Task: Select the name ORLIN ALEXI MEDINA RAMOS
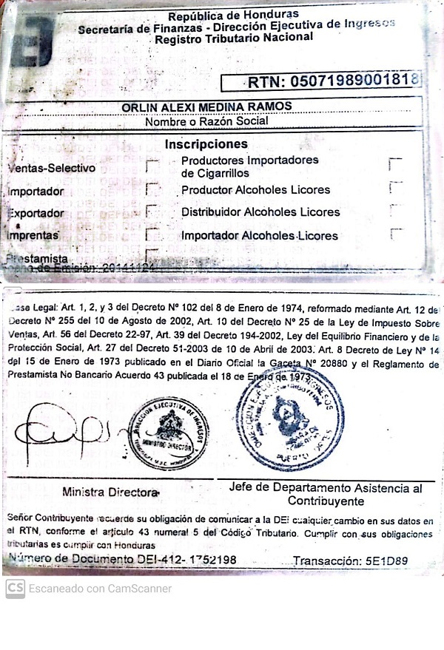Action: (x=207, y=106)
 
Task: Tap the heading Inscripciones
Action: (x=206, y=143)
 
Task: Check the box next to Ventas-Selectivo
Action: (x=152, y=166)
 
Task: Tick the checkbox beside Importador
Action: (x=152, y=189)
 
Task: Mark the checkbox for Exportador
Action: (x=152, y=212)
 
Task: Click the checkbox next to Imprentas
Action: (x=152, y=235)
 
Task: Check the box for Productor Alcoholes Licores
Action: (x=396, y=188)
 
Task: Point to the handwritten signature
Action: (x=63, y=431)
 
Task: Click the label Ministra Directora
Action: (x=110, y=492)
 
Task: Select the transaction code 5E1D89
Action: (x=382, y=561)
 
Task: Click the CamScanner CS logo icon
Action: (x=15, y=589)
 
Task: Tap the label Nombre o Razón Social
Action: (x=207, y=122)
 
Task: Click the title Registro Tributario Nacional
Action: (x=233, y=38)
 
